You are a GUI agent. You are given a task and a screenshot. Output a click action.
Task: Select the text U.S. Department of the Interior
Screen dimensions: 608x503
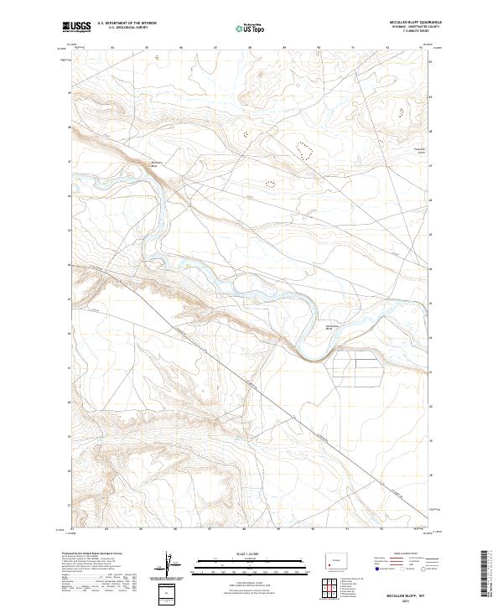[127, 23]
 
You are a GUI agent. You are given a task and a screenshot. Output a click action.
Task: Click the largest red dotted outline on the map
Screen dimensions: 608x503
[304, 149]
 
